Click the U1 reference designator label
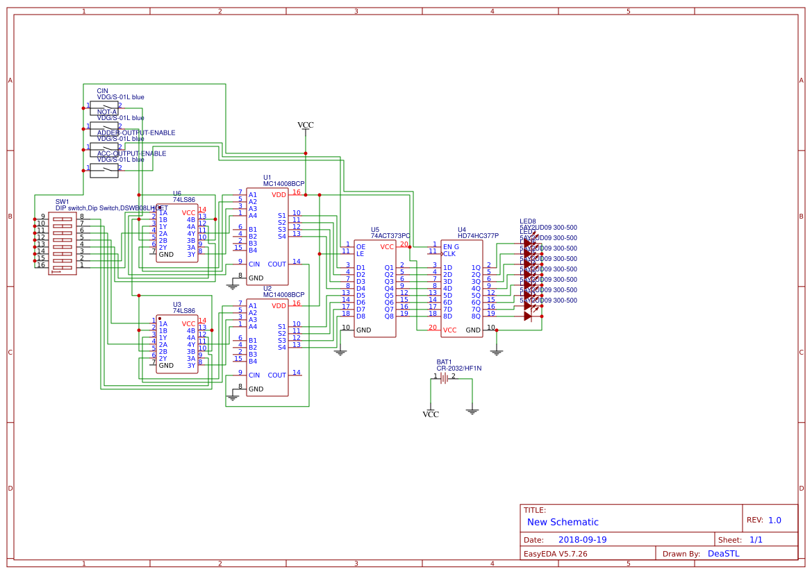[x=267, y=177]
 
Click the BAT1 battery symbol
[x=445, y=378]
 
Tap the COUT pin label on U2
[x=276, y=375]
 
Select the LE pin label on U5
[x=361, y=253]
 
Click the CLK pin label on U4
[x=449, y=253]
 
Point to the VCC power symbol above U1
[x=306, y=126]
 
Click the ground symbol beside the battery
[x=472, y=411]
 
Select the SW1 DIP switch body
[x=63, y=243]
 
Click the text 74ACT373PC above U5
[x=390, y=236]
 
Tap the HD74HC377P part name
[x=478, y=236]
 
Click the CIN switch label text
[x=102, y=91]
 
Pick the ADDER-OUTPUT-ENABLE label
[x=136, y=133]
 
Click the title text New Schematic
[x=563, y=522]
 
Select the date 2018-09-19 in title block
[x=582, y=540]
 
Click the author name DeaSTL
[x=723, y=554]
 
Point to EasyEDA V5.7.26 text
[x=555, y=554]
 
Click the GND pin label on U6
[x=166, y=255]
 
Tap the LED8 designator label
[x=527, y=221]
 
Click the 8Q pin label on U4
[x=476, y=316]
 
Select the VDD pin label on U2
[x=279, y=305]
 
